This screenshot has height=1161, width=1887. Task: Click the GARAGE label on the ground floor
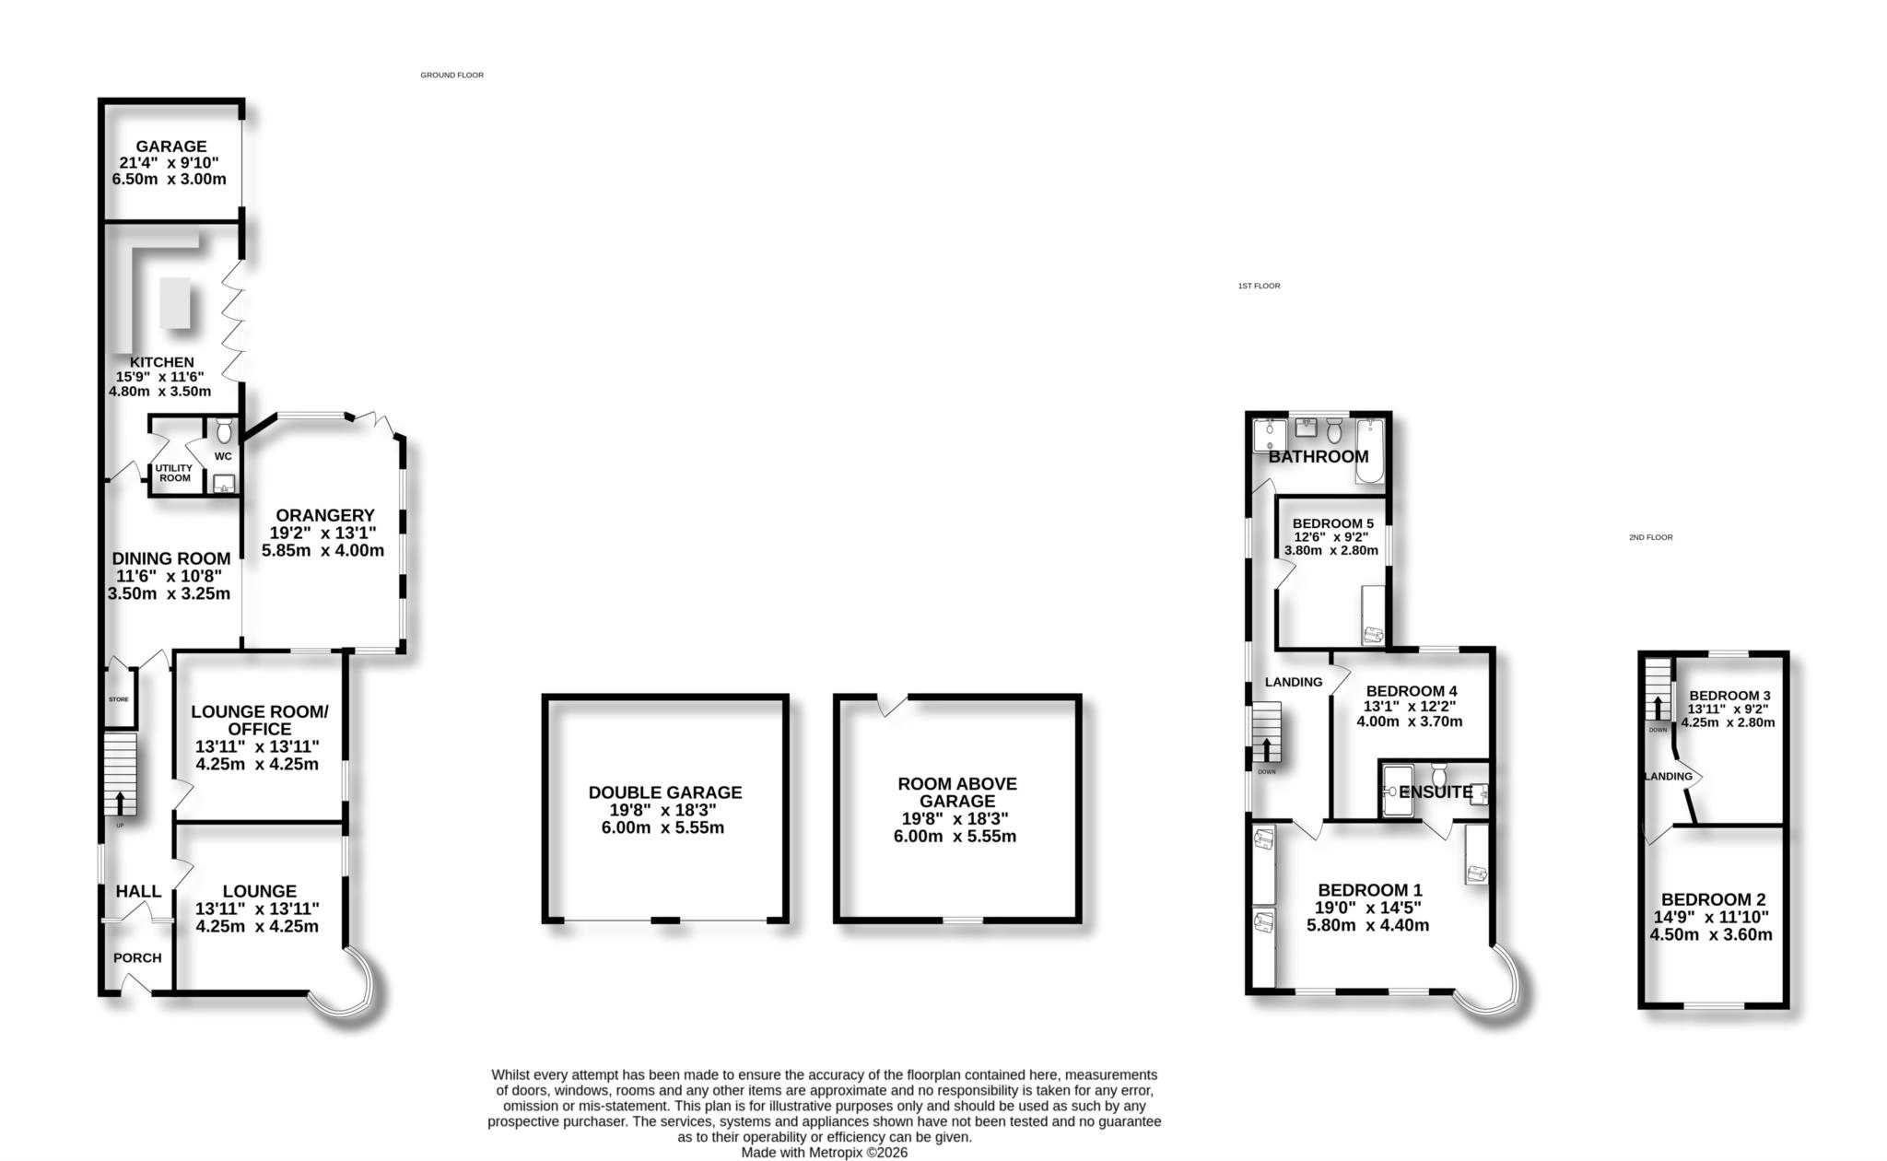(171, 147)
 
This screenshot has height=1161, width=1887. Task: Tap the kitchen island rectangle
(175, 302)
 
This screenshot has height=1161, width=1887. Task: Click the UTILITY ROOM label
(174, 473)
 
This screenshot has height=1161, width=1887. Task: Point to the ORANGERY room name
(324, 515)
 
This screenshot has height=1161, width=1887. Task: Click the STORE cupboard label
(119, 699)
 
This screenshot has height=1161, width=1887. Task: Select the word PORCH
(137, 957)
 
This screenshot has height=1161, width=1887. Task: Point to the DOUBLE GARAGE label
(664, 792)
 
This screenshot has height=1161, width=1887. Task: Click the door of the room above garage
(891, 705)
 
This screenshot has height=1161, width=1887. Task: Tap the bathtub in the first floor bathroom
(1369, 451)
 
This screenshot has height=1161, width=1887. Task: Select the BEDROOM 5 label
(1332, 523)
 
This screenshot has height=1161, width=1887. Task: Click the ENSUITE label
(1435, 792)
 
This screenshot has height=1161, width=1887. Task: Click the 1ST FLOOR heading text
(1259, 286)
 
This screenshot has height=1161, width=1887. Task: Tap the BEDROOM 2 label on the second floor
(1713, 899)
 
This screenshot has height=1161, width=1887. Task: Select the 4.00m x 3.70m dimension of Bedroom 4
(1409, 721)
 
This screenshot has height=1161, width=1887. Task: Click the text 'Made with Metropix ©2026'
(824, 1152)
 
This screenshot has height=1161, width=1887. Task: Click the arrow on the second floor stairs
(1658, 707)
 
